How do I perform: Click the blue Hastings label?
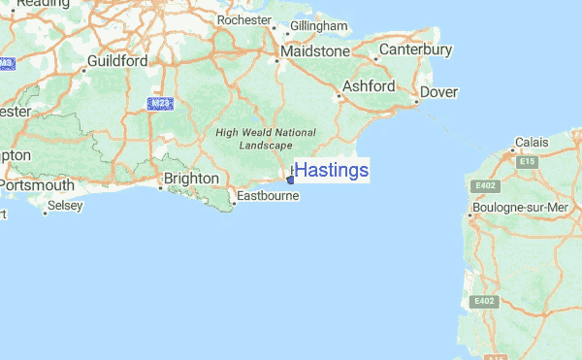coord(331,171)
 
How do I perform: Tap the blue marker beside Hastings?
coord(290,178)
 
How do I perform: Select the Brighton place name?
coord(191,179)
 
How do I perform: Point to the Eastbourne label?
coord(267,195)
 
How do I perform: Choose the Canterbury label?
coord(416,49)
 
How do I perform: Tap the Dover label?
coord(438,92)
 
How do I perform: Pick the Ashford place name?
coord(369,86)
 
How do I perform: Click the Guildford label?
coord(116,60)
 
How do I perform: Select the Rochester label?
coord(244,19)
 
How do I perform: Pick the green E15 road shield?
coord(528,162)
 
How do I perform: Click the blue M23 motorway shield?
coord(160,102)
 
